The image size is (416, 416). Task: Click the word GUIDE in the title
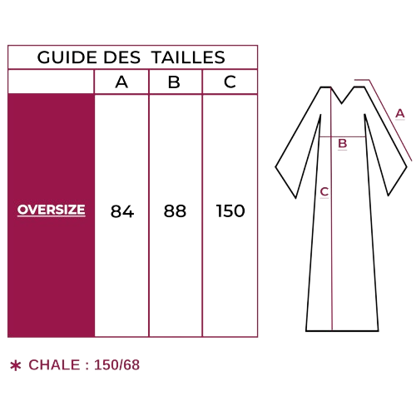[67, 57]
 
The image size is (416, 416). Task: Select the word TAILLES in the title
[189, 57]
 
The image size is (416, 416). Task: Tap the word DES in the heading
[122, 57]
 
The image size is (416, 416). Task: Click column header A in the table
[121, 82]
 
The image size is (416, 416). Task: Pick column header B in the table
[174, 82]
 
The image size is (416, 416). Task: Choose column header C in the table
[230, 82]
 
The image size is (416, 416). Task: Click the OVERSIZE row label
[52, 210]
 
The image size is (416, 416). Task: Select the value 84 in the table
[122, 211]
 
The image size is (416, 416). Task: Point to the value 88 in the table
[175, 210]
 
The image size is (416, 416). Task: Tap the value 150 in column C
[230, 210]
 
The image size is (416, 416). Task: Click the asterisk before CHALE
[16, 365]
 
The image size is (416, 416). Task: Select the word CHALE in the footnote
[54, 365]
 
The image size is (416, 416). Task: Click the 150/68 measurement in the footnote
[116, 365]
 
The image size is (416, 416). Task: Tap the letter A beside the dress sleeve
[400, 114]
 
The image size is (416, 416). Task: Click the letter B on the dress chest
[343, 144]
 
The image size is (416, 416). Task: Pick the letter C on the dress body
[324, 192]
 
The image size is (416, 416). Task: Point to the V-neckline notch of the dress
[342, 104]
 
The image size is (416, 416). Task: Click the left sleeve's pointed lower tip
[295, 198]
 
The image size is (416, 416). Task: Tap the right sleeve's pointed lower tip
[389, 196]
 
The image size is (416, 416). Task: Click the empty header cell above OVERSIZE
[52, 82]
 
